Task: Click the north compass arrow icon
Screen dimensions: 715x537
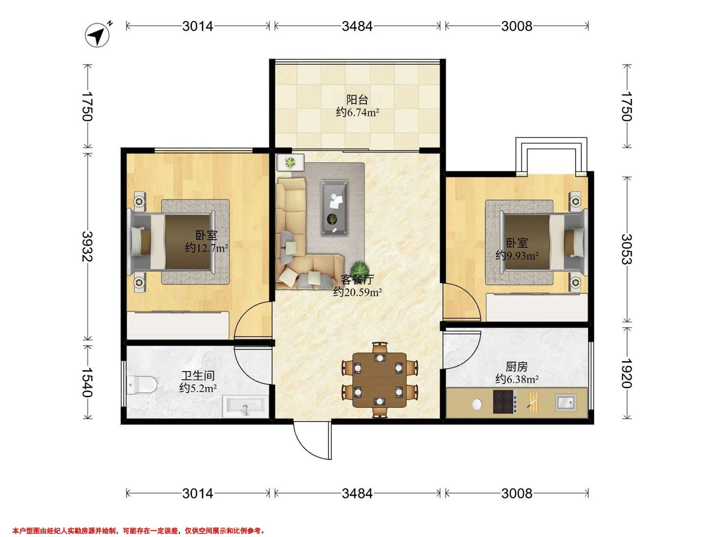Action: (98, 35)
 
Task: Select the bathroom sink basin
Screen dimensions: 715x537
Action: (246, 406)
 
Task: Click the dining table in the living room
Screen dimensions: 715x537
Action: (380, 380)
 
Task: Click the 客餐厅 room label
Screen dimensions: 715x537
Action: (357, 279)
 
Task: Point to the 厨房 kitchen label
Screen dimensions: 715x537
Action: (517, 367)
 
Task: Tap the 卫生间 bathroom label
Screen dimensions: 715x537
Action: (198, 376)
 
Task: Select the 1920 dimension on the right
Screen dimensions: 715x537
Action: (627, 373)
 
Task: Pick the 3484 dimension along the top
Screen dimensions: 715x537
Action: (357, 26)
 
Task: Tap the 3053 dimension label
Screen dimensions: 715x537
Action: (627, 249)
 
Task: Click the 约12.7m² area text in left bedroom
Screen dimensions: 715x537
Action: (207, 248)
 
